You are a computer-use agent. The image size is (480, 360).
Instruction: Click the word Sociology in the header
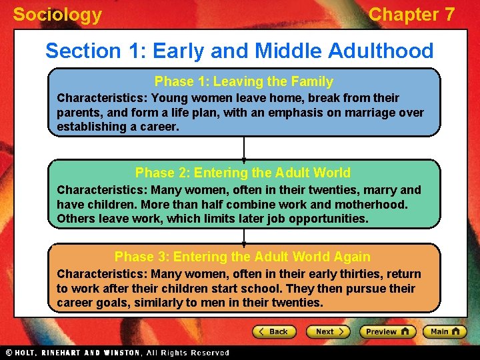pos(57,15)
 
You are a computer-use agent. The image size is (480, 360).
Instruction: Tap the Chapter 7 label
pos(411,15)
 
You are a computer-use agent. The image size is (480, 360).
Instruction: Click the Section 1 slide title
pos(239,51)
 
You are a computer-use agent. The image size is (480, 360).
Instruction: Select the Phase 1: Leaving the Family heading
pos(244,82)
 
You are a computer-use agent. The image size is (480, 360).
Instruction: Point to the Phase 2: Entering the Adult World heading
pos(243,173)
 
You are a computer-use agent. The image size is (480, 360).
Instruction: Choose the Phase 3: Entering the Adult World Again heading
pos(243,257)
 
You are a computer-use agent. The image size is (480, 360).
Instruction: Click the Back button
pos(273,331)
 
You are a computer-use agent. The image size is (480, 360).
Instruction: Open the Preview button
pos(387,331)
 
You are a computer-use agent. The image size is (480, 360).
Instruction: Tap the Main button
pos(445,331)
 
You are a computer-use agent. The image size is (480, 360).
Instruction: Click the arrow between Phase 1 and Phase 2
pos(244,148)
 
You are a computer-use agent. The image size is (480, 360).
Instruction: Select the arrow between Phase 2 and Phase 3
pos(244,236)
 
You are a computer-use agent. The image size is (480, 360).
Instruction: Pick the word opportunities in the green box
pos(328,219)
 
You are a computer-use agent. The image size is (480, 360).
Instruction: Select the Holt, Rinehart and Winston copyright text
pos(117,353)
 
